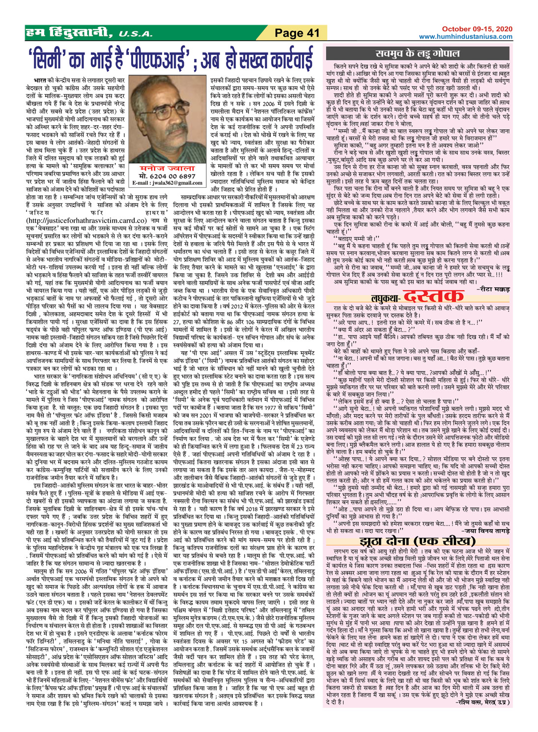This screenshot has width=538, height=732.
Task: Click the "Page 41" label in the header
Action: (297, 33)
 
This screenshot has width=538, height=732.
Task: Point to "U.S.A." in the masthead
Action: (133, 34)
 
